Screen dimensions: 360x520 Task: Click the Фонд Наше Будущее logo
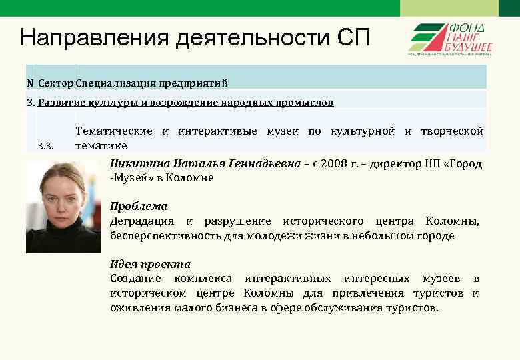click(450, 39)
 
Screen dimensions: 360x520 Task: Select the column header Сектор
click(56, 83)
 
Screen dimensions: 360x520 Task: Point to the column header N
click(31, 83)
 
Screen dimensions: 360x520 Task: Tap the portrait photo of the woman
click(64, 206)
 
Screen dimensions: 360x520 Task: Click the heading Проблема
click(139, 207)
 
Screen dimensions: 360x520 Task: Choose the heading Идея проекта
click(150, 264)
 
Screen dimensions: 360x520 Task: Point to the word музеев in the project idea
click(443, 278)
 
